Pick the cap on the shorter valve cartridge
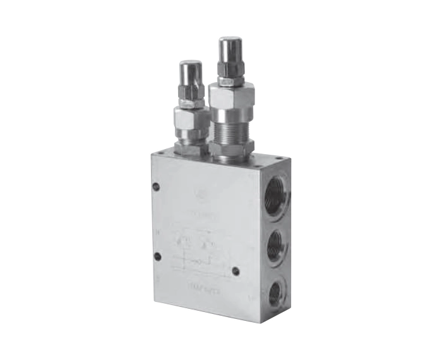[190, 71]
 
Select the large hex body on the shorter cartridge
[191, 120]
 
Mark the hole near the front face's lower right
[236, 272]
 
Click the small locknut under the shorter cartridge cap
[191, 100]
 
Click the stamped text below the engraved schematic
[204, 288]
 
